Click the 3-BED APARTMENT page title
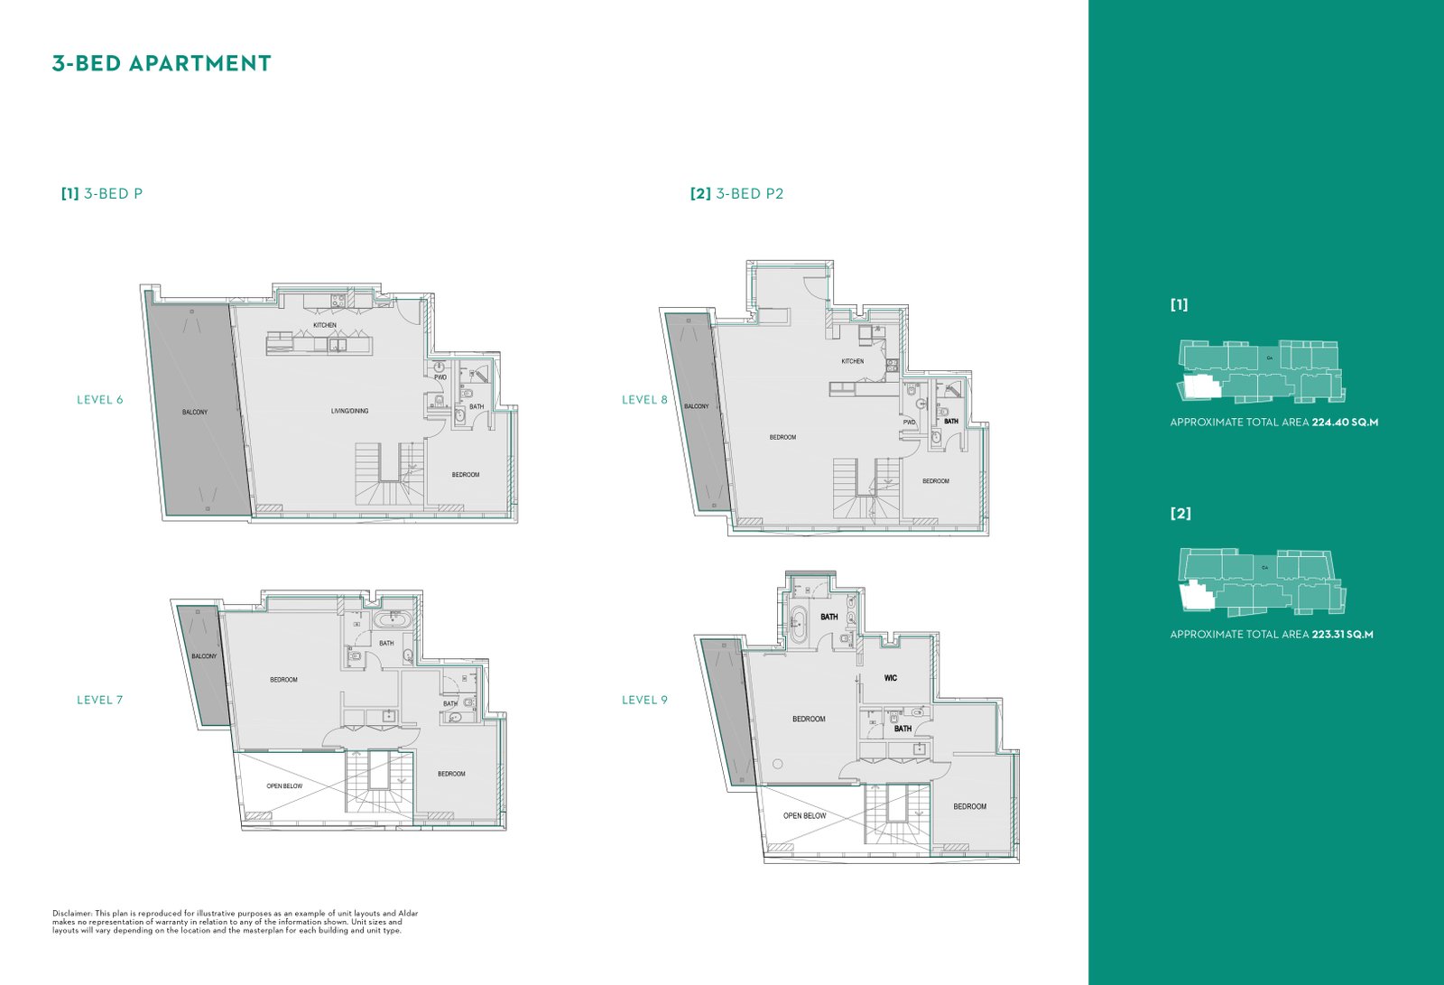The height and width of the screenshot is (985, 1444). tap(162, 63)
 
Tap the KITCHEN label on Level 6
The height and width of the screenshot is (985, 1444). tap(325, 325)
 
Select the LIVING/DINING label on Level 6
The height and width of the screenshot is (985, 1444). tap(350, 411)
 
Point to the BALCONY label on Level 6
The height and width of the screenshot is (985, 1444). tap(195, 413)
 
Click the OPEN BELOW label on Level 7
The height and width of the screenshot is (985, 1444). tap(284, 786)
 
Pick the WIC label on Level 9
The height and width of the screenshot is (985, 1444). tap(890, 678)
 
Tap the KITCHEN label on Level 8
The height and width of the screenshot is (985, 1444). tap(852, 361)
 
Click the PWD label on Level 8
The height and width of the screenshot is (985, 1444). tap(909, 423)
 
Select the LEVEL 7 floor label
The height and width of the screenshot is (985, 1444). tap(100, 700)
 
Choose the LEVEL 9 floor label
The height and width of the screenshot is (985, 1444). tap(644, 700)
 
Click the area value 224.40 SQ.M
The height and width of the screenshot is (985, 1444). tap(1345, 423)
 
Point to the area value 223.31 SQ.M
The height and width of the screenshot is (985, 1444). tap(1342, 635)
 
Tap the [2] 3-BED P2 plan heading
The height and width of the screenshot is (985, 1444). tap(736, 193)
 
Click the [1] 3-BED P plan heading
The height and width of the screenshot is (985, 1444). tap(102, 193)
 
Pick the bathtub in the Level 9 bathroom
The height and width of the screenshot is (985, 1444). tap(799, 625)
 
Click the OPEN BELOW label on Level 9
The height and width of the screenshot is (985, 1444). tap(804, 816)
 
